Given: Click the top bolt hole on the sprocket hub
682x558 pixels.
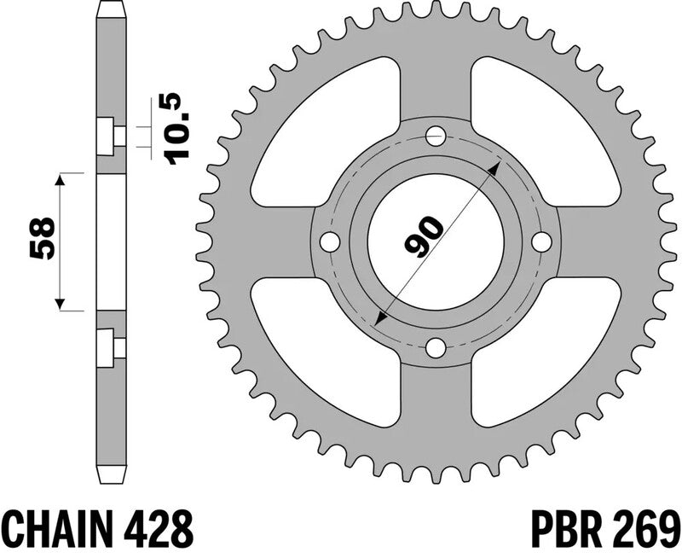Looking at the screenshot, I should [436, 135].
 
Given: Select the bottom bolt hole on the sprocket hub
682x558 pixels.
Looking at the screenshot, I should [436, 347].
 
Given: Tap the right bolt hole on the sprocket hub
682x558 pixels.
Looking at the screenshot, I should [541, 241].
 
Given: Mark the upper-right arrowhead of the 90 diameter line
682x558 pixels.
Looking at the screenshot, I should [493, 164].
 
